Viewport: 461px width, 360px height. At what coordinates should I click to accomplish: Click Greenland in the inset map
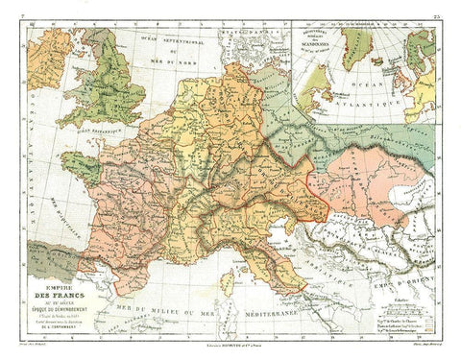click(x=357, y=43)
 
